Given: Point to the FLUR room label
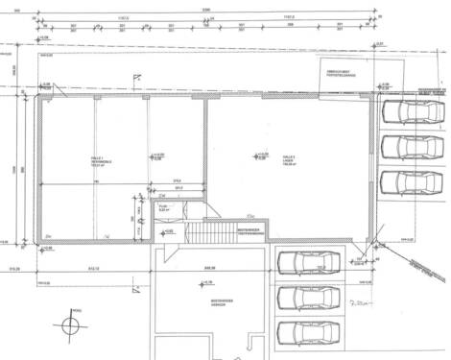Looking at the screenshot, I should [x=162, y=206].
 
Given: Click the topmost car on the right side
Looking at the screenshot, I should [x=402, y=112].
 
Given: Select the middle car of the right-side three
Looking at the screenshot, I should [x=402, y=147].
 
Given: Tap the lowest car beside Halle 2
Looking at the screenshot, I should [x=402, y=182].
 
